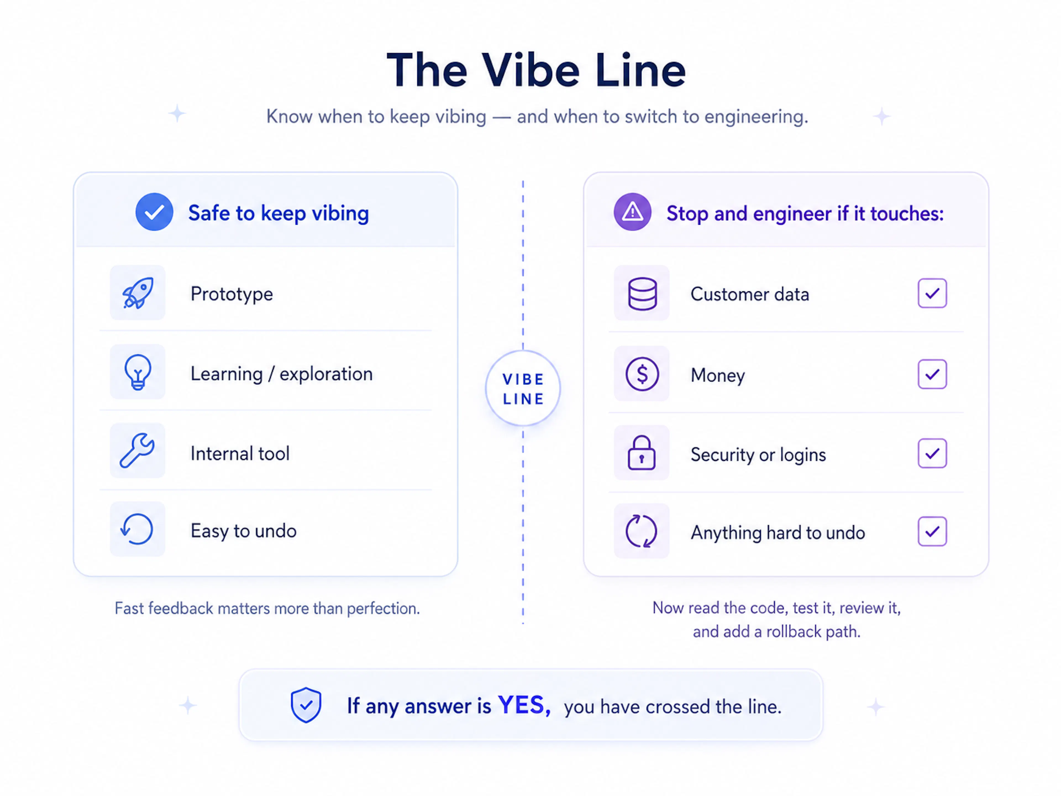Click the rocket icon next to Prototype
(x=138, y=293)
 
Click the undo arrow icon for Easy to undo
(x=137, y=529)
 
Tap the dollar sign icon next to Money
(x=642, y=374)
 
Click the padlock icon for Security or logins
(x=642, y=452)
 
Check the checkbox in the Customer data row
(x=932, y=293)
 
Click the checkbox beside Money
(x=932, y=374)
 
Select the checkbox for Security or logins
(x=932, y=453)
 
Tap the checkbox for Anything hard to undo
(x=932, y=531)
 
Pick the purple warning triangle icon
(x=633, y=212)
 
